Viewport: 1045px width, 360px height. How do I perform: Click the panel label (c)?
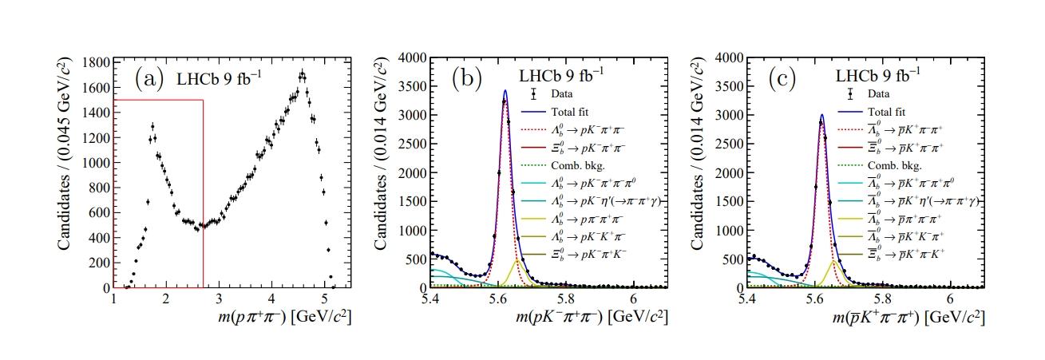(x=784, y=78)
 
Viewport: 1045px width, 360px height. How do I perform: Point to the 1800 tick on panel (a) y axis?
(x=95, y=62)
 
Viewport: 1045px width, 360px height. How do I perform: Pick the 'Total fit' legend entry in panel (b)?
(x=568, y=113)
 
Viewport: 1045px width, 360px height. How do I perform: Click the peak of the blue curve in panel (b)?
(x=505, y=90)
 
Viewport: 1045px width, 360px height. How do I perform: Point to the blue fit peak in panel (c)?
(x=821, y=114)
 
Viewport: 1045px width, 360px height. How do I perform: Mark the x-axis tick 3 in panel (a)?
(x=218, y=299)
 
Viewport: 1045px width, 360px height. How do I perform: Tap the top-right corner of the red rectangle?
(x=204, y=100)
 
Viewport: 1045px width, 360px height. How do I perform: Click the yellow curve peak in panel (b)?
(x=518, y=259)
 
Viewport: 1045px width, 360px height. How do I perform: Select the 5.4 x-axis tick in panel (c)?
(x=748, y=299)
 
